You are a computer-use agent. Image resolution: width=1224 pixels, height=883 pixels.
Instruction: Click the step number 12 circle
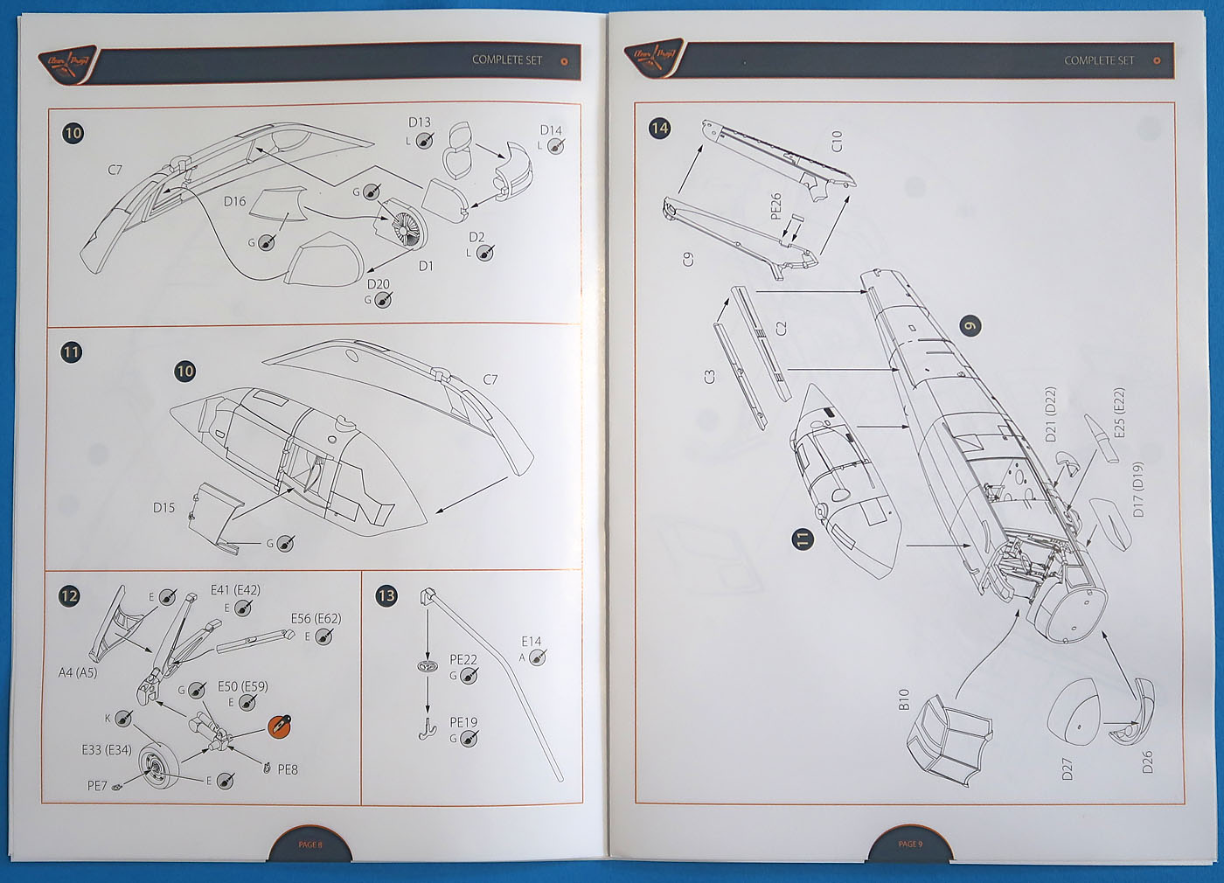point(68,596)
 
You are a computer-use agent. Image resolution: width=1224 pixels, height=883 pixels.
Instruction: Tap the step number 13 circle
point(386,596)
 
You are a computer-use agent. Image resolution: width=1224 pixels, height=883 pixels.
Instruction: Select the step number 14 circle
point(659,129)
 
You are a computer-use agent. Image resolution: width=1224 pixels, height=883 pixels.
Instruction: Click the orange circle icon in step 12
point(279,725)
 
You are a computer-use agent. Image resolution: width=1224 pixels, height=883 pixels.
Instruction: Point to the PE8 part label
point(288,770)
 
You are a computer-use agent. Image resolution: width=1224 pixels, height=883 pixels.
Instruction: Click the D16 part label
point(234,202)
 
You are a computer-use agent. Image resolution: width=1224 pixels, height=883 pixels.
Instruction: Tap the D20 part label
point(379,284)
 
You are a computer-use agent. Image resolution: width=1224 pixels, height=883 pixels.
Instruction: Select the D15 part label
point(163,507)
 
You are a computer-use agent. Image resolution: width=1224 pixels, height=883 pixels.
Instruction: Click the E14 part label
point(532,642)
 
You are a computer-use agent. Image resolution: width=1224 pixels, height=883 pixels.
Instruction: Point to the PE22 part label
point(463,660)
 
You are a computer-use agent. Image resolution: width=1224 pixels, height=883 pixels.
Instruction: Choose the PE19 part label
point(463,723)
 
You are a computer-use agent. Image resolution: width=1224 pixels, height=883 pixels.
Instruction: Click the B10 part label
point(904,699)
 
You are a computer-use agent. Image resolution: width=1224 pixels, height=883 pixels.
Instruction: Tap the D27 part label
point(1067,770)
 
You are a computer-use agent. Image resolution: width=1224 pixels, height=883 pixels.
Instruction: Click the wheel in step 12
point(160,766)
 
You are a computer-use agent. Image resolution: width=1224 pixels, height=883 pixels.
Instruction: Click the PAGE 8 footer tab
point(309,845)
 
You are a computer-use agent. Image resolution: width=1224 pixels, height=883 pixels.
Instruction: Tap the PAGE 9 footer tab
point(910,845)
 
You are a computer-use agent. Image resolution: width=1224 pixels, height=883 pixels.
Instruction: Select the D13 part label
point(420,122)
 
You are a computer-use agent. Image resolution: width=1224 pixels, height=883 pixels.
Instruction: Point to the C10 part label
point(837,141)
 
